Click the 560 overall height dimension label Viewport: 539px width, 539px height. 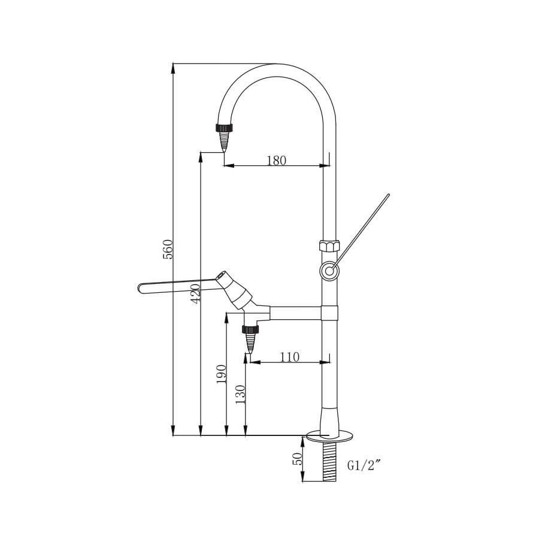click(168, 249)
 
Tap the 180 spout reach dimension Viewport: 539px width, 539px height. click(276, 160)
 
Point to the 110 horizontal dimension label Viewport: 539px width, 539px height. click(289, 357)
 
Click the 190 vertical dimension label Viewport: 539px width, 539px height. click(222, 374)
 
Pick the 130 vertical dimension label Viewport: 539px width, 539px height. click(241, 395)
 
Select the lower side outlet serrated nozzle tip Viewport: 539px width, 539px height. click(250, 344)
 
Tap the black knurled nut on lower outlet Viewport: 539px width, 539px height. click(250, 328)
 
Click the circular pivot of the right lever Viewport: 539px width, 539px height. click(329, 271)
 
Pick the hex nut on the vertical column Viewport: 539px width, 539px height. click(329, 246)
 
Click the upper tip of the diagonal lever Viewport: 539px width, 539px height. click(387, 196)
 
